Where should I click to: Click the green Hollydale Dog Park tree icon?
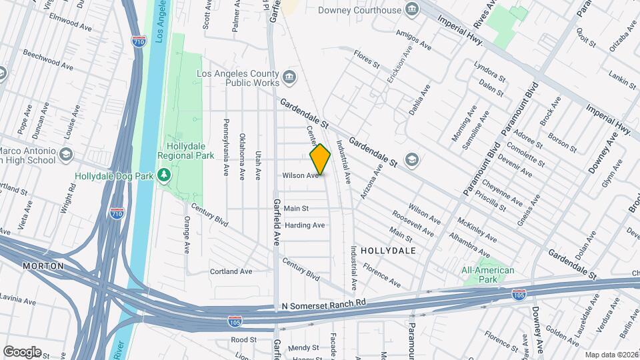pyautogui.click(x=164, y=175)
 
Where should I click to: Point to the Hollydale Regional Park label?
pyautogui.click(x=185, y=150)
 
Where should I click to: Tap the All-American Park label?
pyautogui.click(x=488, y=275)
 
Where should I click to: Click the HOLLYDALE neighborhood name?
pyautogui.click(x=388, y=251)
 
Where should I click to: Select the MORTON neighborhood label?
pyautogui.click(x=43, y=266)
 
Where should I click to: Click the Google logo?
pyautogui.click(x=22, y=351)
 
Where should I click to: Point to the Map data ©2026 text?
pyautogui.click(x=611, y=355)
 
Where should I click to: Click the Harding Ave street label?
pyautogui.click(x=304, y=225)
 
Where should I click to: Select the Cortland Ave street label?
pyautogui.click(x=231, y=271)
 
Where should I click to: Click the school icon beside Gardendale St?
pyautogui.click(x=412, y=159)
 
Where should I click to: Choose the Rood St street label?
pyautogui.click(x=239, y=339)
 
